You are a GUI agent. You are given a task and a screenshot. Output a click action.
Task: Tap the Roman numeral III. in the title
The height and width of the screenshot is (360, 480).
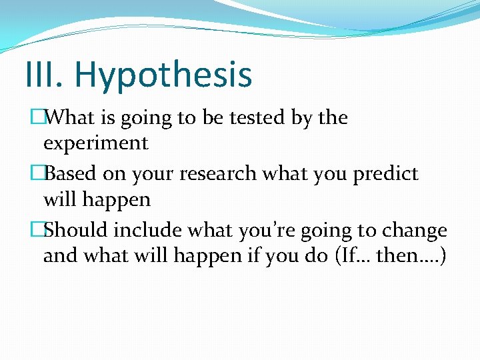pyautogui.click(x=43, y=75)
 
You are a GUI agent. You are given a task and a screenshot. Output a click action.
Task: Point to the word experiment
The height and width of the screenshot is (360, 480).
pyautogui.click(x=95, y=143)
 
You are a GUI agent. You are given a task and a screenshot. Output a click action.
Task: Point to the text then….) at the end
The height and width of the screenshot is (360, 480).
pyautogui.click(x=414, y=256)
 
